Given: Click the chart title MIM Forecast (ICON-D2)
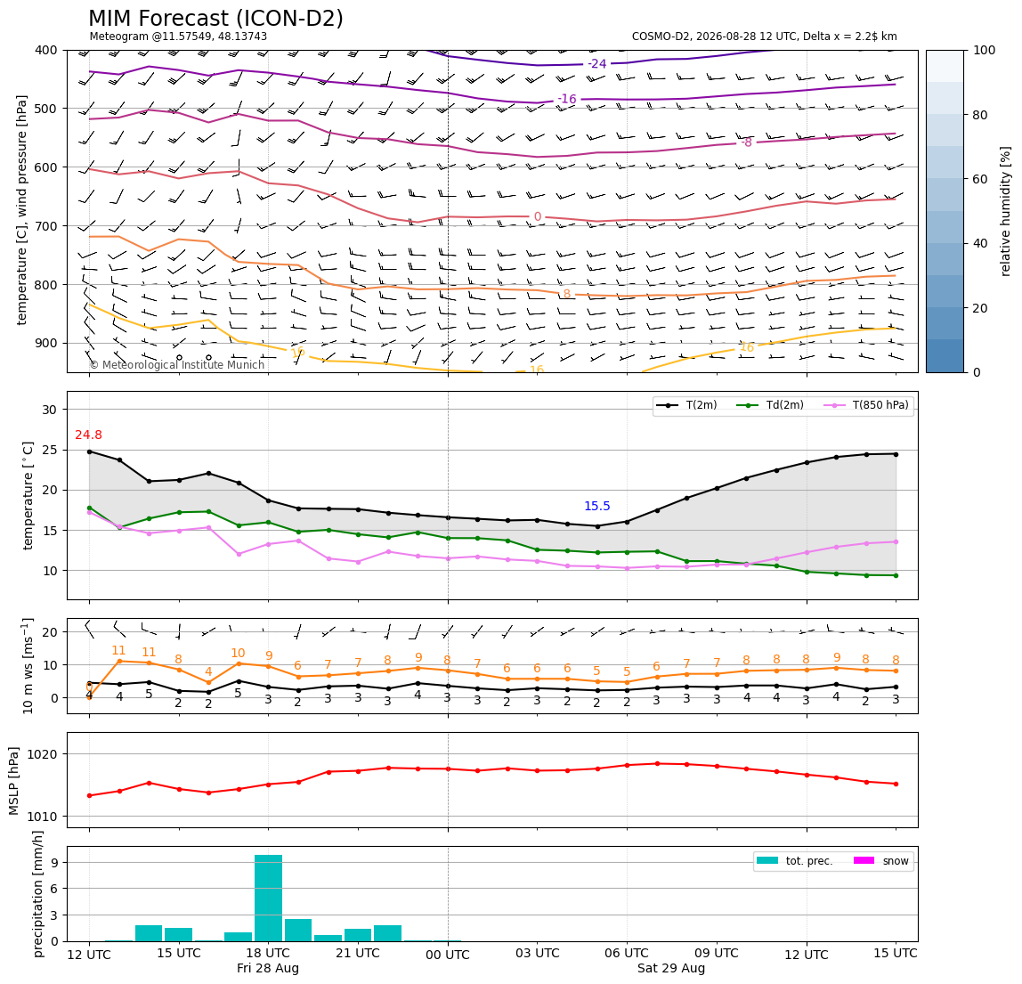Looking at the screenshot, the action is [x=215, y=18].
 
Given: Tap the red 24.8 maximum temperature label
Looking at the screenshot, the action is [x=89, y=435].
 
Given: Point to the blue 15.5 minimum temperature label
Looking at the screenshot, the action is [x=597, y=506].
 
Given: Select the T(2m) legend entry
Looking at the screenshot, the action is [x=686, y=405].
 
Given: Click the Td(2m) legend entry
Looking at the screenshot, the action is [x=770, y=405].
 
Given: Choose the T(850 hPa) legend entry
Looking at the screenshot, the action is [x=866, y=405].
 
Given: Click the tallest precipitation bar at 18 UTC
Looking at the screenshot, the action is [x=268, y=898].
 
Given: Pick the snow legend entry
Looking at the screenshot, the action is [x=881, y=861].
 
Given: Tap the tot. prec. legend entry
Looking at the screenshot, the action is [x=794, y=861].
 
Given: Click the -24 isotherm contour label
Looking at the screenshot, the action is [x=597, y=63].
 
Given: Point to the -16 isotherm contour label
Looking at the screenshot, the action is [x=567, y=99].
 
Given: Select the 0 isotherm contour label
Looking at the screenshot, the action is [x=537, y=216].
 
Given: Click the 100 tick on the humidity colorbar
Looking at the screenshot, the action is [x=985, y=50].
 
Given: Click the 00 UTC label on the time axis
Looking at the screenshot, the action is [x=448, y=955].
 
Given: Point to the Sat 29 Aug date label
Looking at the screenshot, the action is [x=671, y=968].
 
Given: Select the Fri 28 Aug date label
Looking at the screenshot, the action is [x=268, y=968].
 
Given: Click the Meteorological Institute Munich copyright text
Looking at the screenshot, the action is [x=176, y=364].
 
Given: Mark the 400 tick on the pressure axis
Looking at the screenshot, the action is [x=47, y=50].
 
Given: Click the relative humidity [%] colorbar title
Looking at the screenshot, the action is [x=1006, y=211].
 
